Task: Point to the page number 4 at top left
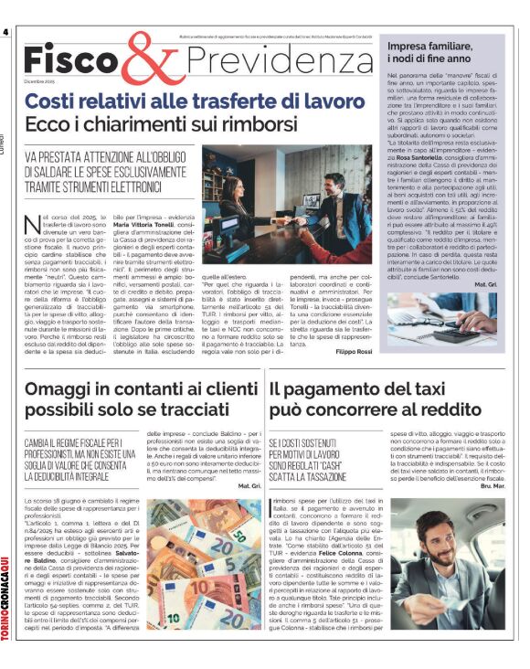click(6, 32)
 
